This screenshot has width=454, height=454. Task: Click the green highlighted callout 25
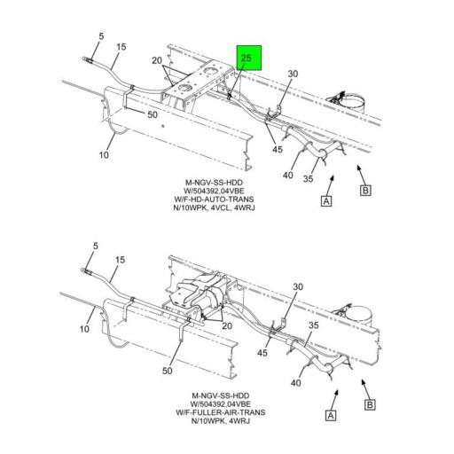249,58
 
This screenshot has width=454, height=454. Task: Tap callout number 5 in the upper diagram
101,36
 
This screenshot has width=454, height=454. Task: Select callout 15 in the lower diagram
120,260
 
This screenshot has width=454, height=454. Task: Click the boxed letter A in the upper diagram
326,201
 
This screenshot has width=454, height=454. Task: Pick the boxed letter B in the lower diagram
370,404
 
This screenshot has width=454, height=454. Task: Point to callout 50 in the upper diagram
153,114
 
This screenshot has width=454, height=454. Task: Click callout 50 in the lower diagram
168,371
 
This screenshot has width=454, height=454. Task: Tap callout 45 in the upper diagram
278,149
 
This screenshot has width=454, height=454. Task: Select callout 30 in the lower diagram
298,286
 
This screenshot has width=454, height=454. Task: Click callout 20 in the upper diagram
157,60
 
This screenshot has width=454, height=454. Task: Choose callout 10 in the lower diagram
84,329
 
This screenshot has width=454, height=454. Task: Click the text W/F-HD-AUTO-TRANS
214,200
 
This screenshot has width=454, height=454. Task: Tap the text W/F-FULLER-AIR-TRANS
221,412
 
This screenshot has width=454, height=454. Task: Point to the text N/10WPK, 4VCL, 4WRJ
214,207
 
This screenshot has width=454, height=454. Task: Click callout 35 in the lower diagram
314,325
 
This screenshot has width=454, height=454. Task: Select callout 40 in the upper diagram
288,176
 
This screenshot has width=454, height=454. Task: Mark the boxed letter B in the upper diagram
365,190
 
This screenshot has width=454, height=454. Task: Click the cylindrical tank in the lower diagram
358,317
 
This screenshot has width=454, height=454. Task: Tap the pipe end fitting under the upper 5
88,60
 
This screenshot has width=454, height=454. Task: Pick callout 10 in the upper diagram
104,155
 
